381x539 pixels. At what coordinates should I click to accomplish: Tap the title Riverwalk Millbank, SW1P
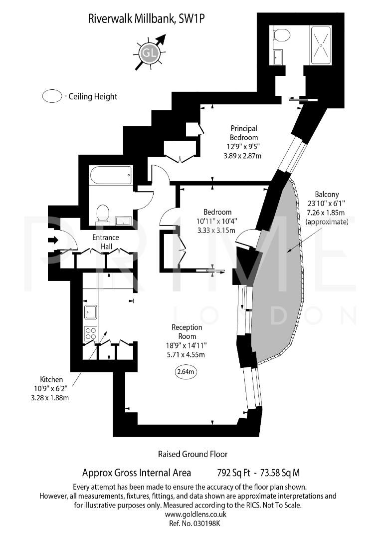click(x=147, y=19)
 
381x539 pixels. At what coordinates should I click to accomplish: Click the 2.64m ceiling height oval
click(x=186, y=371)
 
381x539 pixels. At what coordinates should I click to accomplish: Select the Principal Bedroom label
click(x=244, y=132)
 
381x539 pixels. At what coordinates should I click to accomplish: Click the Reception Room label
click(x=187, y=332)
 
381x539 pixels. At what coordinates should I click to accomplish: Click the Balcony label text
click(x=327, y=194)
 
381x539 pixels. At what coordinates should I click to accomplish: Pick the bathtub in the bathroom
click(x=111, y=176)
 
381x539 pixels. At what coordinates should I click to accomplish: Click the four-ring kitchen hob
click(x=90, y=333)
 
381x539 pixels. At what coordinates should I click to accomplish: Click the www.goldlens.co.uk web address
click(x=195, y=514)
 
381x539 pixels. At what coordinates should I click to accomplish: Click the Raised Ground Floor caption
click(x=192, y=454)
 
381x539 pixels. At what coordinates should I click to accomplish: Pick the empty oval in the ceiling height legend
click(x=52, y=96)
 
